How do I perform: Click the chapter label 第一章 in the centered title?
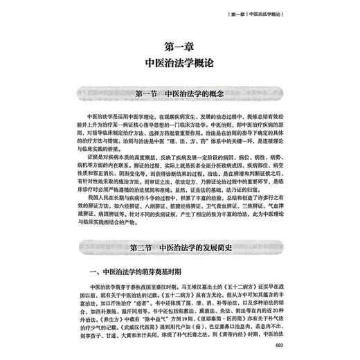click(180, 46)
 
